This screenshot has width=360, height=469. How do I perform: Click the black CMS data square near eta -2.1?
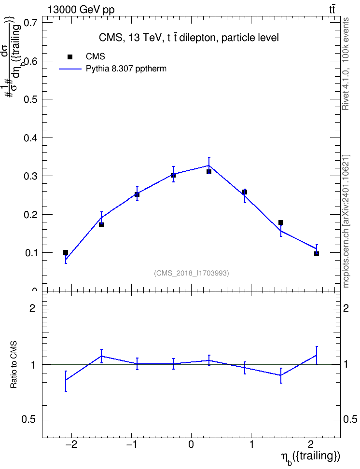66,252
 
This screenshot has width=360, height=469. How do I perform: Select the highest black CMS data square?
209,172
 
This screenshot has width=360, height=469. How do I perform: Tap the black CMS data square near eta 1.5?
281,222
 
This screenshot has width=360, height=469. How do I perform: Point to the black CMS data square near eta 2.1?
316,254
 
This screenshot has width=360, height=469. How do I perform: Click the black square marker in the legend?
70,57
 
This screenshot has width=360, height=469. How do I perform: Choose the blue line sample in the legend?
70,69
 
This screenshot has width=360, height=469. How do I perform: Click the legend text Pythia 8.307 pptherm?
126,69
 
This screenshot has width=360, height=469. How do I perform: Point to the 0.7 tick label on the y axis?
30,22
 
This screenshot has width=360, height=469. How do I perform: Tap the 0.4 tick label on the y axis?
30,138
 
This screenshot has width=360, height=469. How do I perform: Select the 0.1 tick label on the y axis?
30,253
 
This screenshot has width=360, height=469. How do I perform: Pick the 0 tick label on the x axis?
191,444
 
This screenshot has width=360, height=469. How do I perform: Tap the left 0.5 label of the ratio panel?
28,420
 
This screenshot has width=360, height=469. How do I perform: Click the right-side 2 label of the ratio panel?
346,308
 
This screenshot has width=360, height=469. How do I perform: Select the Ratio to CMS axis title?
14,365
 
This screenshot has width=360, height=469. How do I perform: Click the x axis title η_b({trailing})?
310,457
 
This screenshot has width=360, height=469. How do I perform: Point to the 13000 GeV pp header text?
81,10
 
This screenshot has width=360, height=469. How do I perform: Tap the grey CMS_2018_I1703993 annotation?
191,273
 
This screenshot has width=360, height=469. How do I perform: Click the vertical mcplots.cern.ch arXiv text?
346,221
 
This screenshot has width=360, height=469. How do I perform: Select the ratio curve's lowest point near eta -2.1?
66,380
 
